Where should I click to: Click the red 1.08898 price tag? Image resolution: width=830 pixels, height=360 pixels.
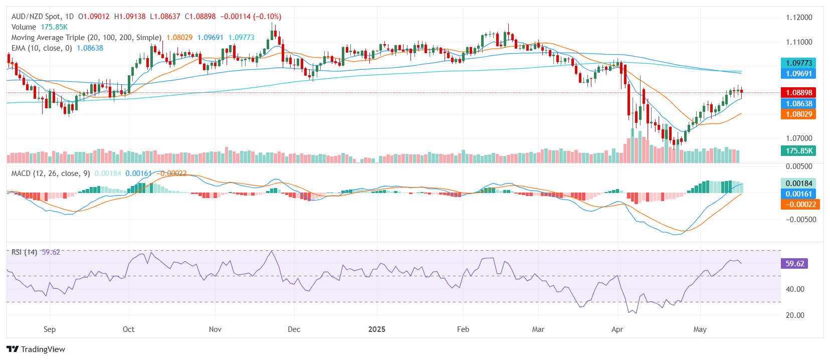click(x=798, y=93)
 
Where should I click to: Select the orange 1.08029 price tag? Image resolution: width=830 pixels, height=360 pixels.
click(x=798, y=114)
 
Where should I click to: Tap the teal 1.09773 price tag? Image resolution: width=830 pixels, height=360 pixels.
click(x=798, y=63)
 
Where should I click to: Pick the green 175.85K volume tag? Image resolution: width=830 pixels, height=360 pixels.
click(x=798, y=151)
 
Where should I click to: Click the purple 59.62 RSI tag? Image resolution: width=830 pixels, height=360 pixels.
click(x=794, y=264)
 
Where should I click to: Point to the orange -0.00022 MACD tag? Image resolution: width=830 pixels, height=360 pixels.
click(x=798, y=205)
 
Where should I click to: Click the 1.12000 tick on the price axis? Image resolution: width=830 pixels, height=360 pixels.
click(x=798, y=18)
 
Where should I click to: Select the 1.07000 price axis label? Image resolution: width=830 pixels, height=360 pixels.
click(x=798, y=138)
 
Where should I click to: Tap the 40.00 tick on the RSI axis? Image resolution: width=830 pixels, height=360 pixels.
click(x=795, y=289)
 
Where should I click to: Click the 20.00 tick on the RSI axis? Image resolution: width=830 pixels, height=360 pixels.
click(x=795, y=315)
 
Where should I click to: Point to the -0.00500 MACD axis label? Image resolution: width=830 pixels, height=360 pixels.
click(x=800, y=220)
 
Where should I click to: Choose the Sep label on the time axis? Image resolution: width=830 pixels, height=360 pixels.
click(x=50, y=329)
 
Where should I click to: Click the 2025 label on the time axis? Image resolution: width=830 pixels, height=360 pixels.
click(x=377, y=329)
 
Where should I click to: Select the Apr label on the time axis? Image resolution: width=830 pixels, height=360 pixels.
click(x=617, y=329)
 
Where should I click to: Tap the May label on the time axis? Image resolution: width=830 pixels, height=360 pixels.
click(x=700, y=329)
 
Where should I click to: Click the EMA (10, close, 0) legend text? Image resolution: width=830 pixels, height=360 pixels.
click(x=42, y=48)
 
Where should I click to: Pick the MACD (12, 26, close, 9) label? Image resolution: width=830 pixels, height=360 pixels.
click(x=51, y=173)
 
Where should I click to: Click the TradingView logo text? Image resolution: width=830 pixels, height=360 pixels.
click(x=43, y=349)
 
